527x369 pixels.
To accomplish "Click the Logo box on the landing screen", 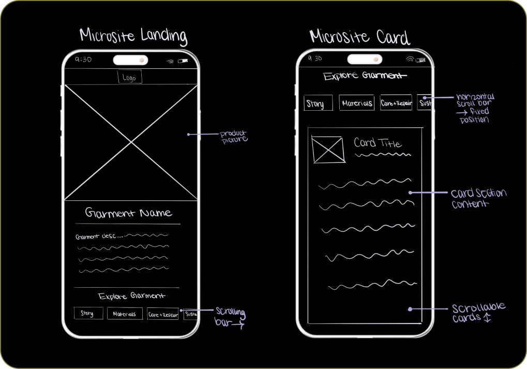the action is [x=129, y=78].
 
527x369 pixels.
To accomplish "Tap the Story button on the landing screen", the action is [x=87, y=313].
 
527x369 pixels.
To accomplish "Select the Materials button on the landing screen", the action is [x=125, y=314].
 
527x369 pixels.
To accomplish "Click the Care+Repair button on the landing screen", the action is [x=162, y=314].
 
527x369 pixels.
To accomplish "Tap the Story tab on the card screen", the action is [x=318, y=104].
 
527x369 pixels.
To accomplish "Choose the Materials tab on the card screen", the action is [x=357, y=103].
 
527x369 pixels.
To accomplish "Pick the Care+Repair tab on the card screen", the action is [x=396, y=102].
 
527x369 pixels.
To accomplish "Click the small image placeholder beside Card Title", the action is [x=327, y=150].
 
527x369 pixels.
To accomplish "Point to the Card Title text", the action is [x=378, y=143].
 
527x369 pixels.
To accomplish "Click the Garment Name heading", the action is [x=129, y=213].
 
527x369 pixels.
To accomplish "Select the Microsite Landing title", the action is [x=133, y=36].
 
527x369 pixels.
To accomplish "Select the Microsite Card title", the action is [x=360, y=37].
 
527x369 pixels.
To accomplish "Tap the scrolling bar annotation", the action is [x=230, y=317].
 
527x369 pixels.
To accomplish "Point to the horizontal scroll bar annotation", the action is [x=475, y=108].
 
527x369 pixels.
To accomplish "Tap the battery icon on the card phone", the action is [x=421, y=60].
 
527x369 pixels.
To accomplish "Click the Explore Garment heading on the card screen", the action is [x=363, y=77].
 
